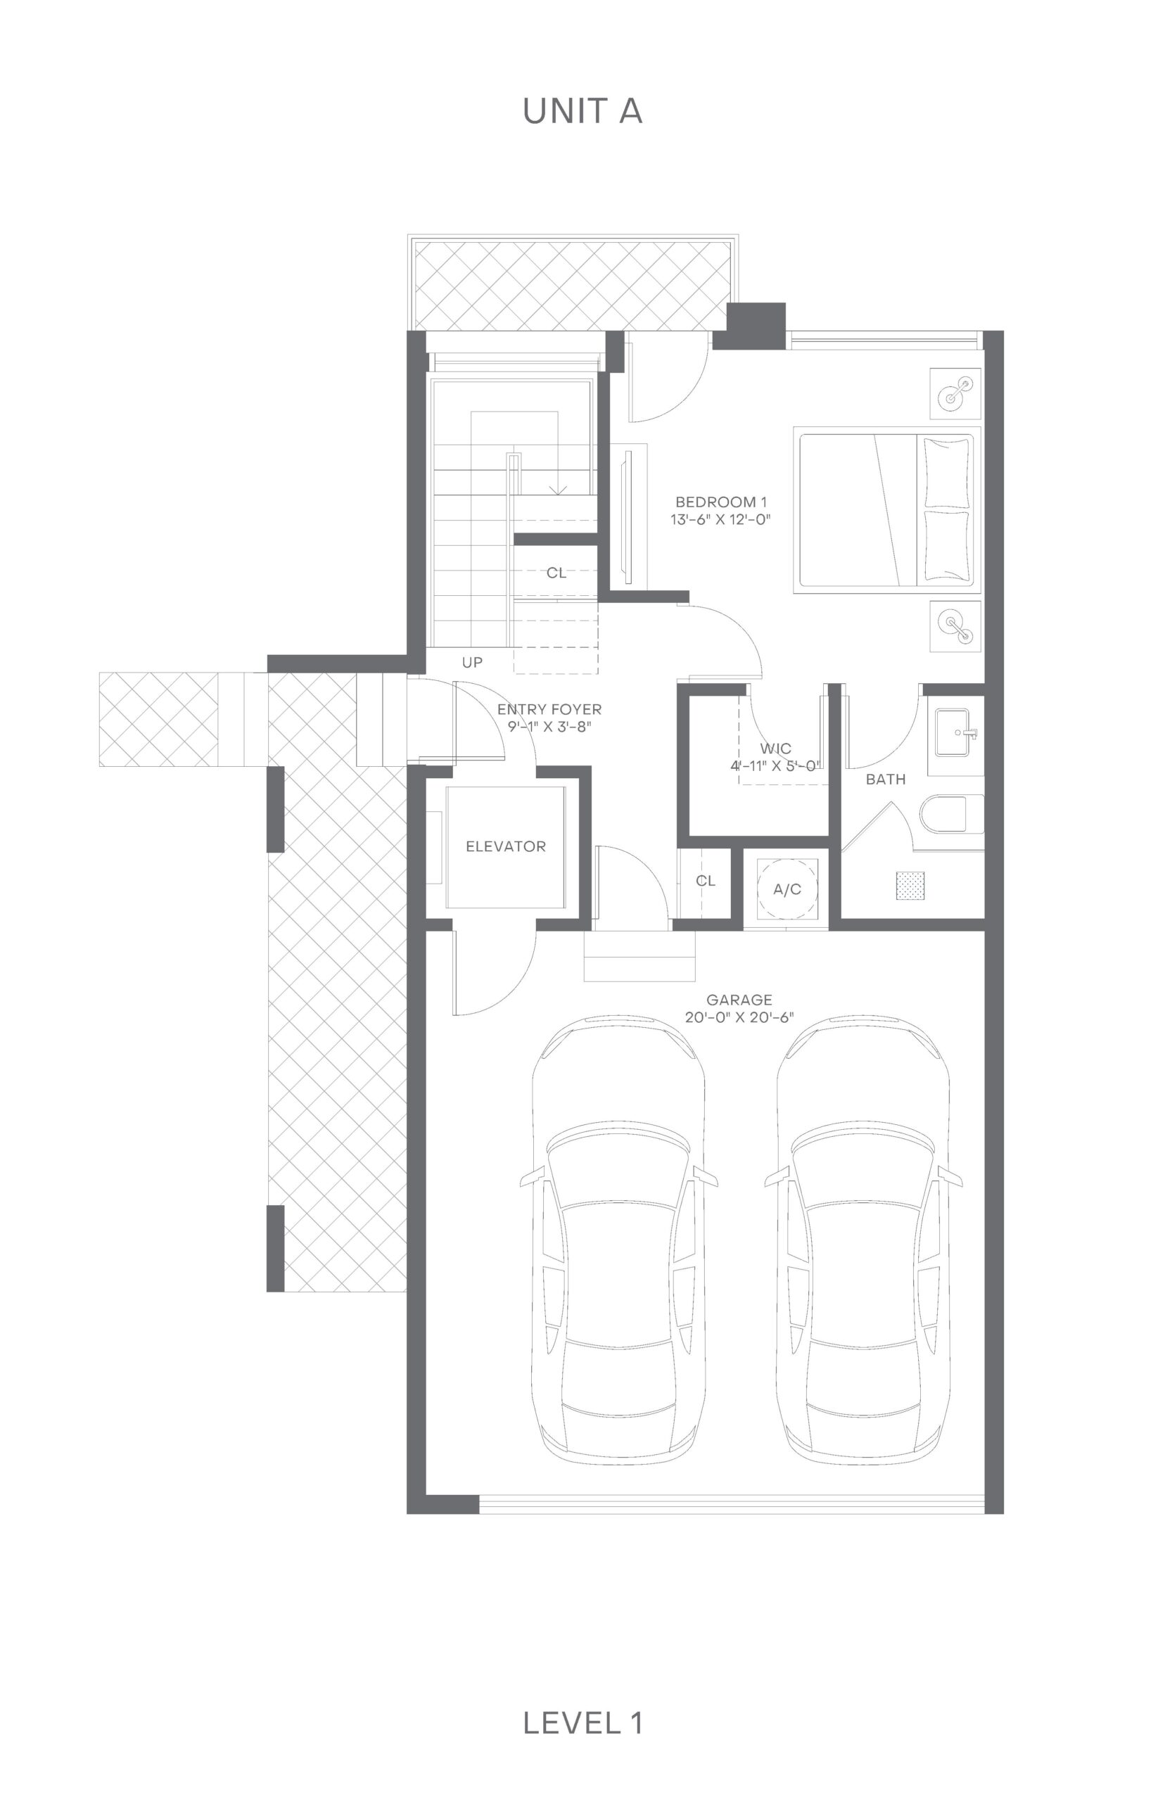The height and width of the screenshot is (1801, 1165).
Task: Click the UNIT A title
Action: tap(582, 111)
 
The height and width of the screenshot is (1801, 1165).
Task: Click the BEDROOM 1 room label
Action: tap(721, 502)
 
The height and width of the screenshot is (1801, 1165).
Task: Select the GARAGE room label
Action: tap(739, 999)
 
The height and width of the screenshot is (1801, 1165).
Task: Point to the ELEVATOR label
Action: tap(505, 846)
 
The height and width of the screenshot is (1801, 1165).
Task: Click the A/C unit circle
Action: tap(787, 889)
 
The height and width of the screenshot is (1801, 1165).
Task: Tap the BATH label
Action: tap(885, 779)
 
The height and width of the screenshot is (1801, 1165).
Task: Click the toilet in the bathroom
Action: tap(952, 814)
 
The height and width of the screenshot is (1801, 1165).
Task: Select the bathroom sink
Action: tap(956, 732)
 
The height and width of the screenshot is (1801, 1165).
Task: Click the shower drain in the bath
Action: tap(910, 886)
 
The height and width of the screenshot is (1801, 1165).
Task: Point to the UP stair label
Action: tap(472, 663)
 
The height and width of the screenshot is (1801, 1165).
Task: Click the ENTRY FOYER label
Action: tap(549, 710)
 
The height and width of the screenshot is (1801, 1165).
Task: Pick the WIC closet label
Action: tap(775, 749)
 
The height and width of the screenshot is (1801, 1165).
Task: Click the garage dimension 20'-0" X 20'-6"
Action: tap(739, 1017)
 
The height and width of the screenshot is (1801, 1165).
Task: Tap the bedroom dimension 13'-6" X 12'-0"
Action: tap(720, 520)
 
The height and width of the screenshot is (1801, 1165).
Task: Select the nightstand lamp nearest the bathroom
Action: tap(955, 626)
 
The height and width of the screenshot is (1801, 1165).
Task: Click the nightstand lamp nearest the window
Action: tap(955, 393)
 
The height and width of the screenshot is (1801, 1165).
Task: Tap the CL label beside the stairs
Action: tap(556, 573)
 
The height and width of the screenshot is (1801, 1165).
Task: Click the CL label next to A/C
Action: tap(705, 882)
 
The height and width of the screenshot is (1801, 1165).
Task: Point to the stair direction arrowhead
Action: tap(558, 490)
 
